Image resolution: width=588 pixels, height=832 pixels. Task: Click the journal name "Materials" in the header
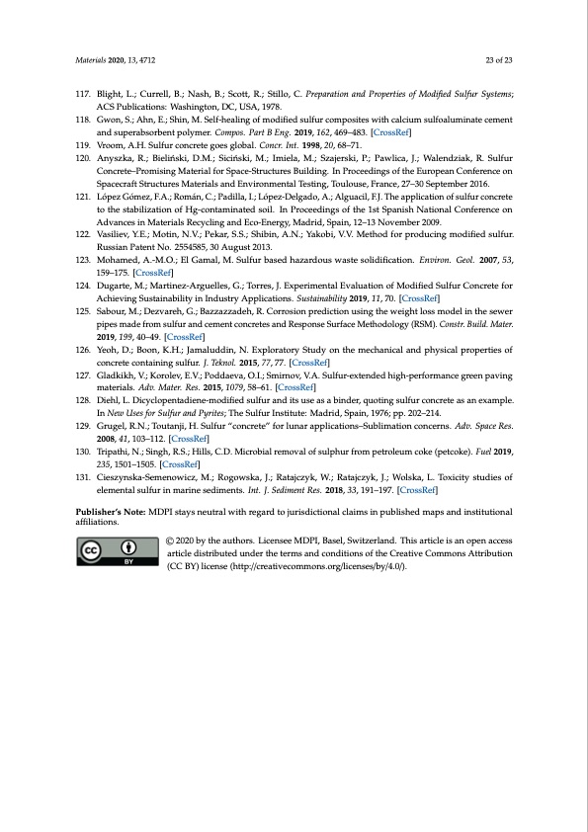(x=91, y=61)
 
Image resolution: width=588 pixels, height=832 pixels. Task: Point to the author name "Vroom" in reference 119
(x=108, y=144)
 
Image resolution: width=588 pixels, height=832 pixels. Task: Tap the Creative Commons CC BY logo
(x=109, y=553)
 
